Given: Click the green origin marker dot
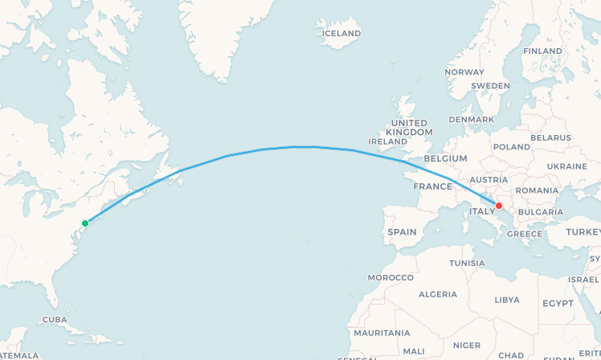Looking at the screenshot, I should (84, 223).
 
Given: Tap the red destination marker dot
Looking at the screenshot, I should (499, 206).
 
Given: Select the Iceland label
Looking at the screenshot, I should (341, 33).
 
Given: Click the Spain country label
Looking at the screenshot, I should (402, 231).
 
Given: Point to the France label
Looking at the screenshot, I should (433, 186).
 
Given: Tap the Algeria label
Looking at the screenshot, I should (438, 294).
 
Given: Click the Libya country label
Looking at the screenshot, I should (506, 299).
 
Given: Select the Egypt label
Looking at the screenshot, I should (558, 304).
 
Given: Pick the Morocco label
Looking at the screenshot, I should (390, 277).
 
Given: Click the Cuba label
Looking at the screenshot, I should (54, 319).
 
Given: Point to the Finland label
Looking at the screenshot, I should (542, 51).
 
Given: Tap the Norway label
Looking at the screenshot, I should (464, 72).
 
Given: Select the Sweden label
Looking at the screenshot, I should (490, 85).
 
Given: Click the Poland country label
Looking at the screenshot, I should (512, 147).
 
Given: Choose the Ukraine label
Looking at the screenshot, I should (566, 166).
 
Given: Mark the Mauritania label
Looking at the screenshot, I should (382, 333).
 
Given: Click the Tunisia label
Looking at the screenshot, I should (467, 263).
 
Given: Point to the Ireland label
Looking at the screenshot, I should (387, 141).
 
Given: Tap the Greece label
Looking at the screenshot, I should (525, 234).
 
